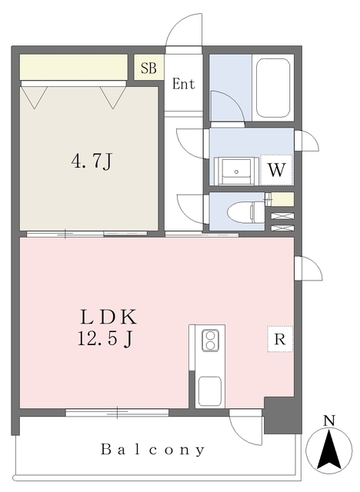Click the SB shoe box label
click(x=148, y=68)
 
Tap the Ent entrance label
click(x=184, y=84)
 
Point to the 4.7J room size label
click(x=92, y=162)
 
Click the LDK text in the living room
click(x=108, y=317)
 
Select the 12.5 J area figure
click(x=105, y=338)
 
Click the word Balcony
click(x=153, y=450)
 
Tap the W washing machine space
click(x=276, y=170)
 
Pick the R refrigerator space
click(x=280, y=339)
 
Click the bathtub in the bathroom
click(x=273, y=88)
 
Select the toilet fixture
click(x=246, y=211)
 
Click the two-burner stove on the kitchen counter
click(x=210, y=340)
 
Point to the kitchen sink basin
click(x=210, y=391)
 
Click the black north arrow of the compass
click(x=329, y=450)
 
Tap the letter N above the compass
click(x=329, y=421)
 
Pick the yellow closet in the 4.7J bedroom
click(x=74, y=67)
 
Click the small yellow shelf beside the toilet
click(x=283, y=199)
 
